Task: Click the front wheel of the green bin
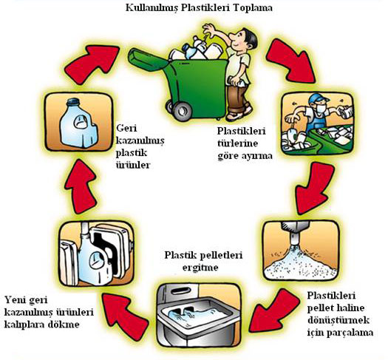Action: click(x=183, y=111)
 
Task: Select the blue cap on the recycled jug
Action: click(x=74, y=103)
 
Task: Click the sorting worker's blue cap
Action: click(x=318, y=99)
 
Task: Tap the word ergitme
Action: click(x=200, y=268)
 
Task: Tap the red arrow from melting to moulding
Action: click(x=125, y=313)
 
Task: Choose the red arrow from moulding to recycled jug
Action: click(x=81, y=186)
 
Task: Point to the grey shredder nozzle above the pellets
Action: click(x=296, y=232)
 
